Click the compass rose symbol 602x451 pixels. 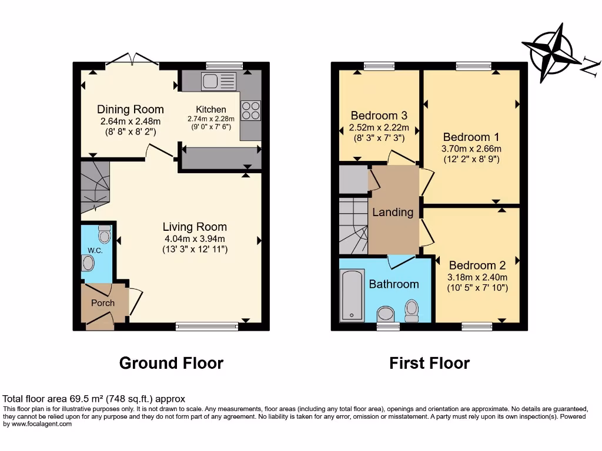coord(551,52)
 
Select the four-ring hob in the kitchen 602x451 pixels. coord(250,110)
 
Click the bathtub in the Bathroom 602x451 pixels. coord(352,295)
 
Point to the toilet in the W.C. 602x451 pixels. coord(105,235)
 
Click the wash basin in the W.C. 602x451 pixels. coord(89,263)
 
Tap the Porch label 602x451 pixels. coord(102,303)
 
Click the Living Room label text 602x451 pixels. coord(195,227)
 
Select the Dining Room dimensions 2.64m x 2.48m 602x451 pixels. coord(130,122)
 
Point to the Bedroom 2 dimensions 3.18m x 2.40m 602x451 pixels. coord(477,277)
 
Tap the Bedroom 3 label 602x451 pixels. coord(379,115)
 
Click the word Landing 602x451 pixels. coord(393,213)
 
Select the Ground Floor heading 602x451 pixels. coord(171,363)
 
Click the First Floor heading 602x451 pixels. coord(429,363)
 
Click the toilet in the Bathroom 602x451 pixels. coord(412,309)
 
